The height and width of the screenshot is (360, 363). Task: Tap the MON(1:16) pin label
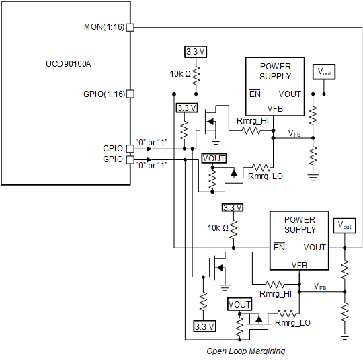click(104, 27)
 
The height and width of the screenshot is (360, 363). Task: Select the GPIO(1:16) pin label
click(103, 94)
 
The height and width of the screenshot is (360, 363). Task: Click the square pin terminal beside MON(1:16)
click(130, 27)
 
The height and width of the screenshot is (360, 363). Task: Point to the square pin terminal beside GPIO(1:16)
click(130, 94)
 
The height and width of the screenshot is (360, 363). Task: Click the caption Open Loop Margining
click(245, 351)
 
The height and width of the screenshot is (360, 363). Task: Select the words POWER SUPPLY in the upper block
click(276, 71)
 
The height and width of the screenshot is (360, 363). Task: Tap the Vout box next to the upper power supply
click(323, 71)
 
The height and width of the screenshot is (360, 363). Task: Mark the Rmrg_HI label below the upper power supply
click(253, 120)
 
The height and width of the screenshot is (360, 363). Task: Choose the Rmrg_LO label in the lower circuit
click(292, 323)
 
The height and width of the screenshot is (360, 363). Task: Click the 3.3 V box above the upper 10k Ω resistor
click(196, 51)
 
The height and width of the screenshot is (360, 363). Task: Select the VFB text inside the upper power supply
click(275, 108)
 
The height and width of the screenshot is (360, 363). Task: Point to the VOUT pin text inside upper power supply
click(290, 94)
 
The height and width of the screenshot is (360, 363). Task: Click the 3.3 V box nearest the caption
click(204, 326)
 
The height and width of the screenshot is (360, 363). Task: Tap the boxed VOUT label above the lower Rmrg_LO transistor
click(240, 304)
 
